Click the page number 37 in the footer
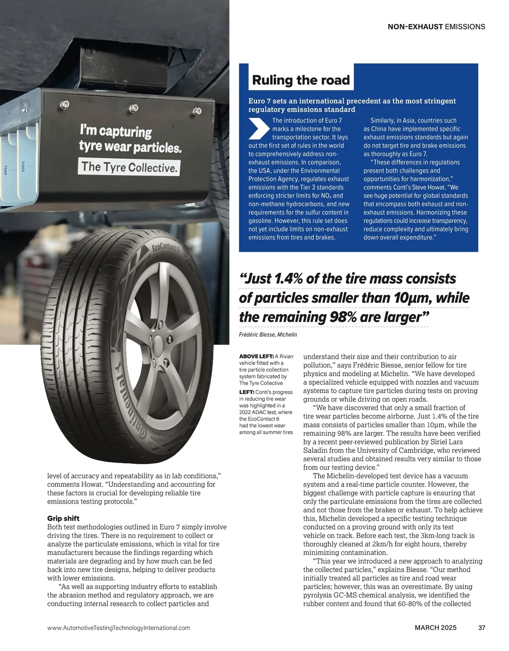(481, 628)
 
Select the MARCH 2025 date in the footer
(436, 628)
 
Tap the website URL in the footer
(119, 628)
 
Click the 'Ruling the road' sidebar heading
(301, 80)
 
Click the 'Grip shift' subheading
(63, 518)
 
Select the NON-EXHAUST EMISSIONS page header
(436, 27)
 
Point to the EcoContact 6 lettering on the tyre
(166, 248)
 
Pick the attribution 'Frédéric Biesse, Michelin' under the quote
(268, 335)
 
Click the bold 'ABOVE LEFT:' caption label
(256, 356)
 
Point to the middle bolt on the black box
(134, 108)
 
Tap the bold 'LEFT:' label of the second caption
(246, 392)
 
